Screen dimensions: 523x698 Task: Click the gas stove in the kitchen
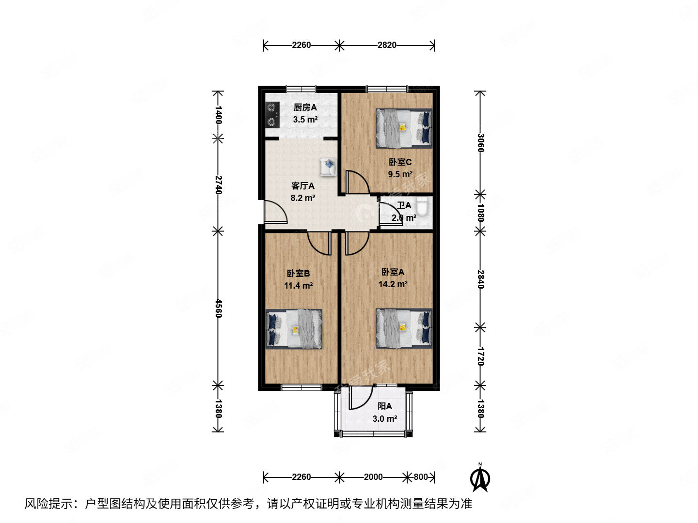[x=272, y=115]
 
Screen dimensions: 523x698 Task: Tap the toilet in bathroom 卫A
[x=422, y=207]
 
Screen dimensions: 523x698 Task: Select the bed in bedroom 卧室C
[x=403, y=128]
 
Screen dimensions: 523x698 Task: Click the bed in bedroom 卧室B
[x=294, y=329]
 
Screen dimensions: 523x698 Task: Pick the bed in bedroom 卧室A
[x=404, y=328]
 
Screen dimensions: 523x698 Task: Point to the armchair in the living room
[x=328, y=167]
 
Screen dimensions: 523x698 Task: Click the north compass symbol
[x=480, y=478]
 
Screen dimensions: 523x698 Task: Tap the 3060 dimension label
[x=480, y=143]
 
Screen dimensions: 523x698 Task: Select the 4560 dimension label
[x=219, y=308]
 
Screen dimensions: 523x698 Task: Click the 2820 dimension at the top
[x=387, y=45]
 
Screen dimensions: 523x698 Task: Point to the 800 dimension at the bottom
[x=421, y=477]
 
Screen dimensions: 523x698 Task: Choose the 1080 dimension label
[x=480, y=212]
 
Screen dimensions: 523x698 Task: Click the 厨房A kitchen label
[x=305, y=108]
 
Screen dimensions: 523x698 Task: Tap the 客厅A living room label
[x=303, y=186]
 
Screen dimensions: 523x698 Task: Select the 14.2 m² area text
[x=393, y=284]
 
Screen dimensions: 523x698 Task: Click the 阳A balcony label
[x=385, y=406]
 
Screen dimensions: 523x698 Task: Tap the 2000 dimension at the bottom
[x=373, y=477]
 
